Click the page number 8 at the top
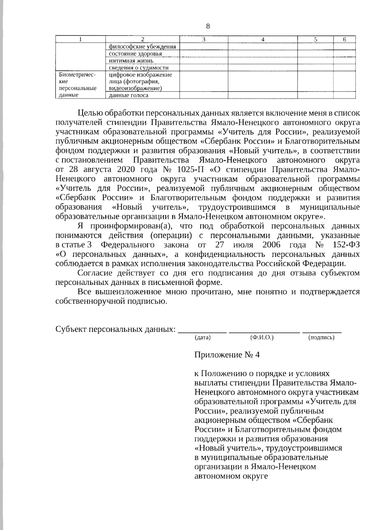208,26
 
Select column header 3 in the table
204,39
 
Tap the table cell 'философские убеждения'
142,47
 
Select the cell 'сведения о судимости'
138,67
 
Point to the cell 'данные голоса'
128,95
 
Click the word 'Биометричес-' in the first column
77,75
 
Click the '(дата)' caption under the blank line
202,338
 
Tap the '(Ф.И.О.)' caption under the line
262,338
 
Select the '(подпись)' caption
321,338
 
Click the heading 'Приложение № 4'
227,355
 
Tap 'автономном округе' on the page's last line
231,477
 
